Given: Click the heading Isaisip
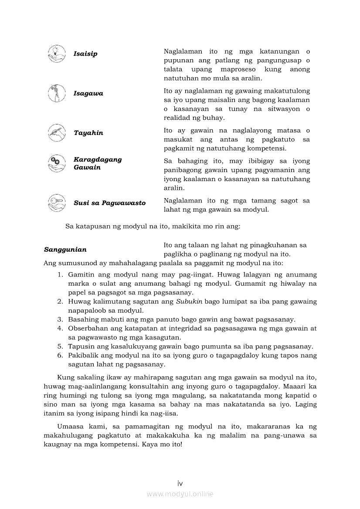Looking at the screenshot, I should (x=85, y=54).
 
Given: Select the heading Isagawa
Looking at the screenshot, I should (x=88, y=94).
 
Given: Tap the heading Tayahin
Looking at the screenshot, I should (x=88, y=133).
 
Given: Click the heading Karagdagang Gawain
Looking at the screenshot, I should (x=98, y=163).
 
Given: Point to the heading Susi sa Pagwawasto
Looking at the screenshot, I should (x=109, y=203).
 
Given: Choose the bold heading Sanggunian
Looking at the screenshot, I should (x=65, y=249).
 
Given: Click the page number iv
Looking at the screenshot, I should (x=180, y=484).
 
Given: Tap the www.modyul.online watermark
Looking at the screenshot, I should (x=180, y=494).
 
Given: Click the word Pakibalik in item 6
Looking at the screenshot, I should (x=82, y=355).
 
